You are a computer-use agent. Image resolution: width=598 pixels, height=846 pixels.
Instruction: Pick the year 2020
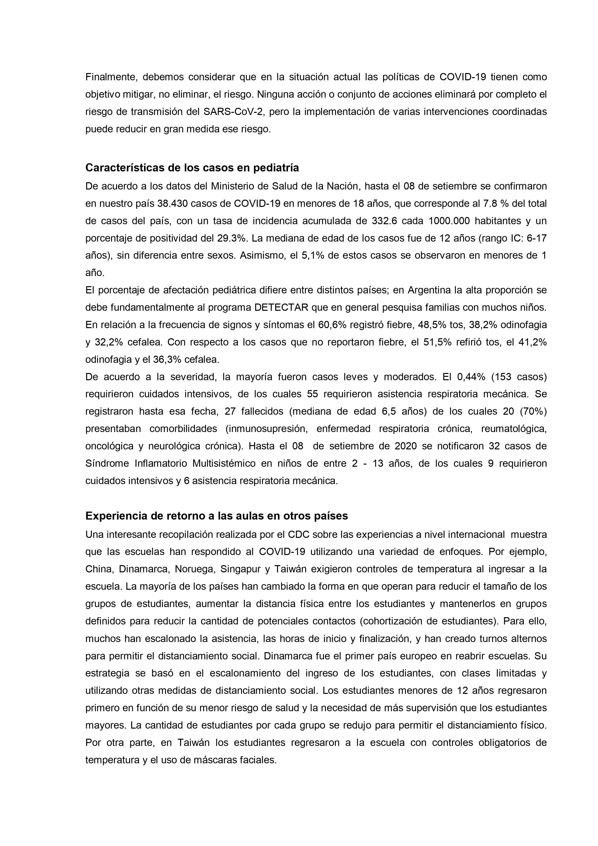click(x=405, y=446)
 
